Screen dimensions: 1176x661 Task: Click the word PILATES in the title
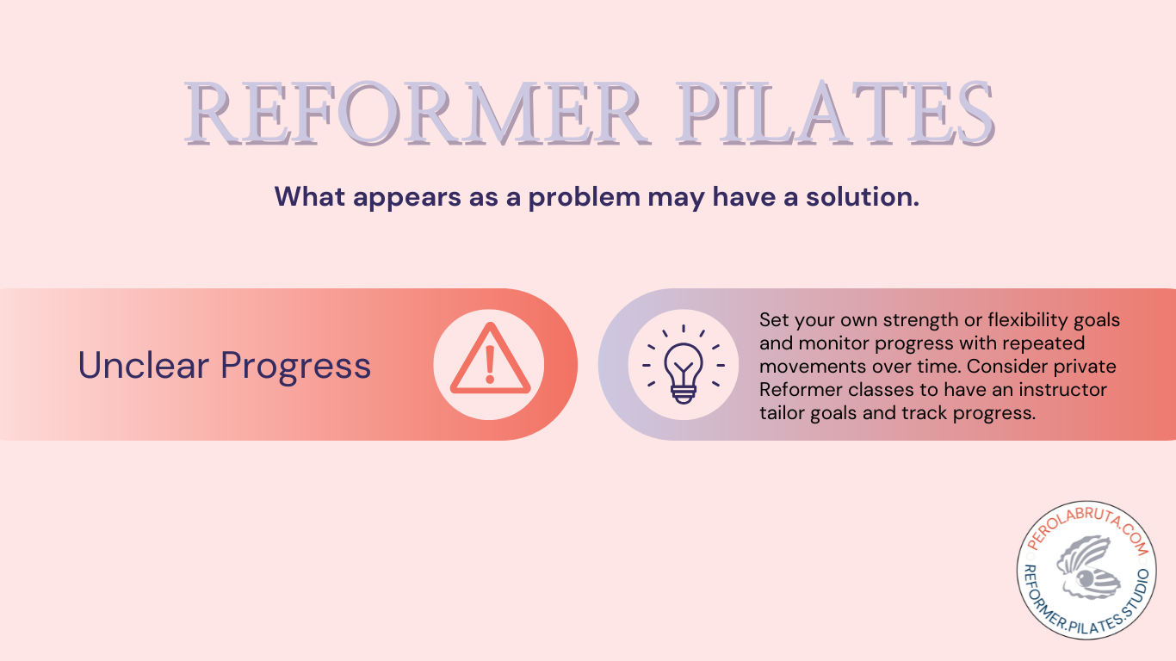835,114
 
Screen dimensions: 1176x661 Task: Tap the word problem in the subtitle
585,198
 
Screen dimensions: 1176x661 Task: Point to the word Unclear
143,365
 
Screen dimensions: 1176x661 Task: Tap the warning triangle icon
490,359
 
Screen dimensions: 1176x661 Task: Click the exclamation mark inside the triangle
490,364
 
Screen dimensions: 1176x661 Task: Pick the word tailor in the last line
783,413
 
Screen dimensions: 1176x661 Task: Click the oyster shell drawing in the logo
1087,568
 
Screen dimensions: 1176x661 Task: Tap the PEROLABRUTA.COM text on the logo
1088,530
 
